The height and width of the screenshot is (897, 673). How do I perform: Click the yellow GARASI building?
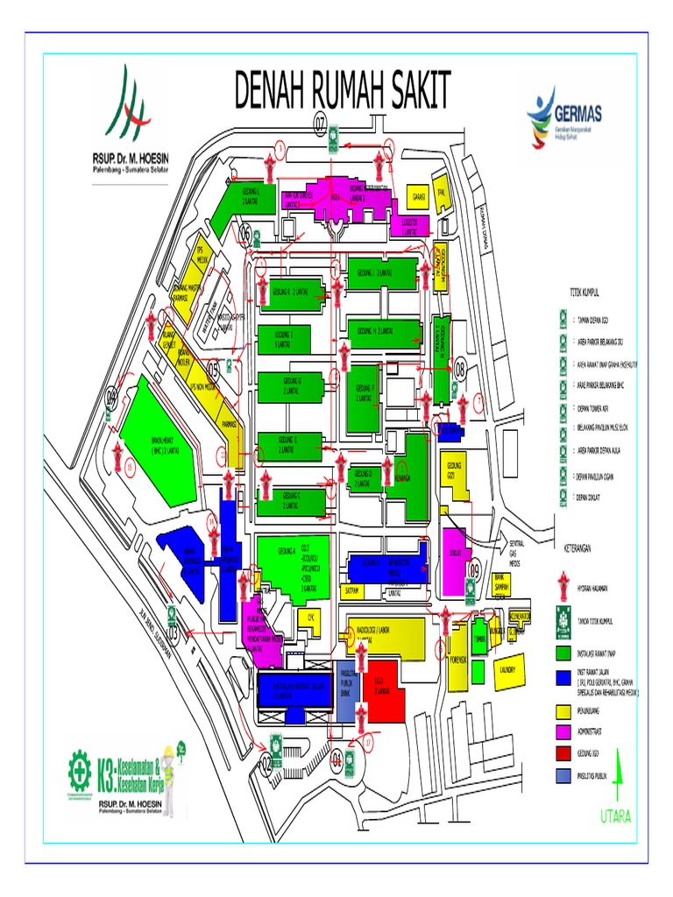pos(419,198)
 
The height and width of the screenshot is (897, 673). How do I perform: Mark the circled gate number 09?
pos(475,570)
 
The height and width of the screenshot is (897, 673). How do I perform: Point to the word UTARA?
pos(615,816)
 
